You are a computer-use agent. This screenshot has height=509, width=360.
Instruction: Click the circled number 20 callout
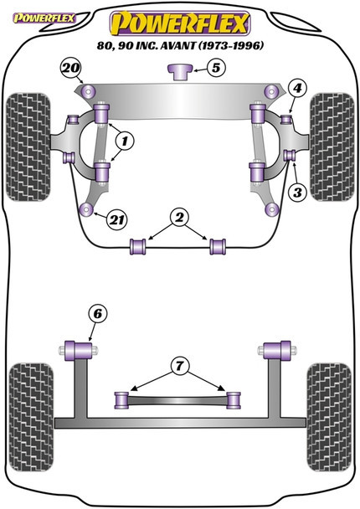(x=71, y=68)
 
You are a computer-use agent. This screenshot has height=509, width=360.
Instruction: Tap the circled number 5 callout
(x=216, y=68)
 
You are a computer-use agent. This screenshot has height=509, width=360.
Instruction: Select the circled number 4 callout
(x=298, y=88)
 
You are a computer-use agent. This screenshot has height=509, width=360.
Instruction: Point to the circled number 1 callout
(x=125, y=141)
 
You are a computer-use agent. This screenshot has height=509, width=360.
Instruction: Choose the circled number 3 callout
(x=297, y=193)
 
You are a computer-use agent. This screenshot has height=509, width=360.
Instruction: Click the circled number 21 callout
(x=117, y=220)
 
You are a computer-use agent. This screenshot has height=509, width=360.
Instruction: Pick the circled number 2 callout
(x=179, y=217)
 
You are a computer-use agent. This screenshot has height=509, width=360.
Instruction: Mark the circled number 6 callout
(x=98, y=314)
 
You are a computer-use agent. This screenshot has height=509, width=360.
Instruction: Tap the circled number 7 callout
(x=179, y=366)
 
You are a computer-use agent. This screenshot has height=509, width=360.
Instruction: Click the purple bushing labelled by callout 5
(x=180, y=72)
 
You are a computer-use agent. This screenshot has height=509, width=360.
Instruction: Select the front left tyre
(x=28, y=147)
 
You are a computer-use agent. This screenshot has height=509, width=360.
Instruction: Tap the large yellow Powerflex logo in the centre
(x=180, y=23)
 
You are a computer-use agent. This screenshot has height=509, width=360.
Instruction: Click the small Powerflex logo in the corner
(x=44, y=18)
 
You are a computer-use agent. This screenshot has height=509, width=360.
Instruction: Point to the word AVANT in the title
(x=177, y=45)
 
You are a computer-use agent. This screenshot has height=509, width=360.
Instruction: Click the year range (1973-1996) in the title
(x=230, y=45)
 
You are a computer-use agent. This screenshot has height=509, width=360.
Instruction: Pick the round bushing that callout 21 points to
(x=86, y=209)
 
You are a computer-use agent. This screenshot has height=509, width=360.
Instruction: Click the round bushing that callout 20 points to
(x=89, y=91)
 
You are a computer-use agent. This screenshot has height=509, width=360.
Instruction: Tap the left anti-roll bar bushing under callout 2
(x=138, y=247)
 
